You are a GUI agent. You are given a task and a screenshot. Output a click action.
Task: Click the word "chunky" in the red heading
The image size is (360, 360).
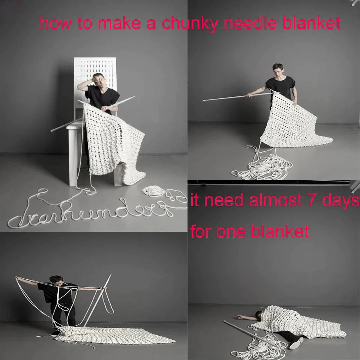click(x=189, y=24)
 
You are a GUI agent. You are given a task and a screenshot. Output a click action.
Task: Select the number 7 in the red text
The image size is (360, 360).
click(x=307, y=200)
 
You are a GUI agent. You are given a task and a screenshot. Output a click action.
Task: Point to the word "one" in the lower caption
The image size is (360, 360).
click(x=230, y=231)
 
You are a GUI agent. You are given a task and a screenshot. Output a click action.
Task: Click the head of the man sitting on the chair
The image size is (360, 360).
click(x=99, y=79)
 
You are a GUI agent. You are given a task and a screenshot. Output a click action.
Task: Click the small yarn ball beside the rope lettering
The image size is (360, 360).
click(x=154, y=191)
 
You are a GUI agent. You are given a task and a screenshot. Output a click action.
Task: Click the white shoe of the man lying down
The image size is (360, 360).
click(x=296, y=342)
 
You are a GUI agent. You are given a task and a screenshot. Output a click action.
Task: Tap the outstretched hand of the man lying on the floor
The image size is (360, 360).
click(x=240, y=317)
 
